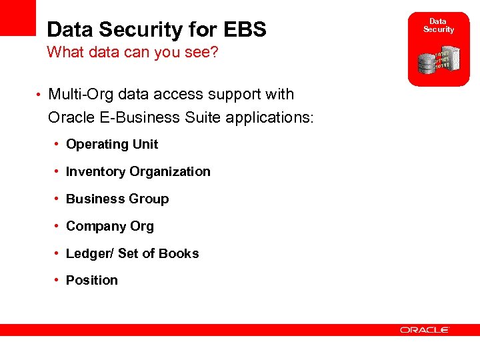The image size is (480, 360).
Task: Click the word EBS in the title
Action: coord(244,29)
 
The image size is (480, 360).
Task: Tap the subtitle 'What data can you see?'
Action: coord(133,53)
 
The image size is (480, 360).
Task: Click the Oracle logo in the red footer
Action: coord(425,329)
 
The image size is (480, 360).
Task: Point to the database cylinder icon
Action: coord(427,64)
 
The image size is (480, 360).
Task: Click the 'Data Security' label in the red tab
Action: coord(439,25)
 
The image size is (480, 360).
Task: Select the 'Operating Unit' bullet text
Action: coord(112,144)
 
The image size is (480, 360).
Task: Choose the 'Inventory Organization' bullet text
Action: coord(138,171)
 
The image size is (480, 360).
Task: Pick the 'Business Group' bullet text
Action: coord(117,199)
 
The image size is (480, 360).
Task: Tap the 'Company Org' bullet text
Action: coord(110,226)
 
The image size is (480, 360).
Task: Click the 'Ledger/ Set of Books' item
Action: coord(132,253)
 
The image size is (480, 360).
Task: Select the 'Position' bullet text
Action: coord(92,280)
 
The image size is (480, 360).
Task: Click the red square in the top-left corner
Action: coord(17,17)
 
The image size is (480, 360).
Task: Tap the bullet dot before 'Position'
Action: coord(59,281)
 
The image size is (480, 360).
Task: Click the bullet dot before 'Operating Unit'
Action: coord(59,145)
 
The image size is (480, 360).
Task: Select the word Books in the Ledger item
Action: coord(180,253)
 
